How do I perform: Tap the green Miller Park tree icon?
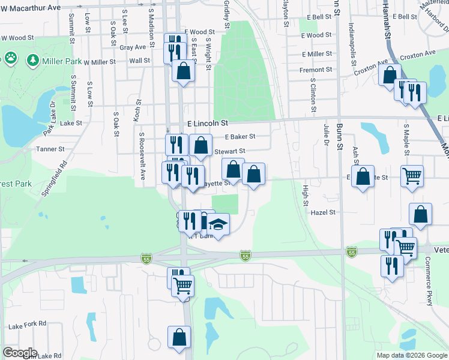(x=31, y=61)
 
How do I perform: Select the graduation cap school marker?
(x=218, y=225)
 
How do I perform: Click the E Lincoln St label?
(x=208, y=123)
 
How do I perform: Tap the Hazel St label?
(x=324, y=212)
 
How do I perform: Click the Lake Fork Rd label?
(x=27, y=324)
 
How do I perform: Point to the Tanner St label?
(x=50, y=149)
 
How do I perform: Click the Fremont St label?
(x=316, y=70)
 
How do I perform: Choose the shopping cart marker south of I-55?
(x=182, y=286)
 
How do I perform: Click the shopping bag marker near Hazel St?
(x=420, y=214)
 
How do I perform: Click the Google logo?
(x=20, y=353)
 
